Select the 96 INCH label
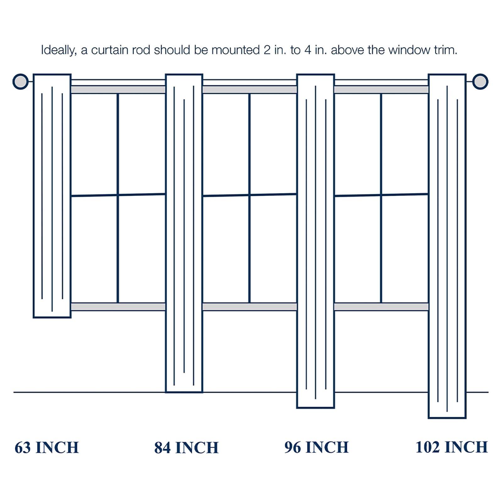(x=317, y=447)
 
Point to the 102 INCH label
(x=452, y=447)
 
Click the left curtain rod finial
(x=20, y=81)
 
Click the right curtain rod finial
(x=480, y=81)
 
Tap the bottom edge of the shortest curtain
(x=52, y=318)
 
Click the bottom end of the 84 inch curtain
(x=184, y=392)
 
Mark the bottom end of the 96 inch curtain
(x=316, y=408)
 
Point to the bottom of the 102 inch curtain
(x=447, y=418)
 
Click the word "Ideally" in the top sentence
(x=59, y=50)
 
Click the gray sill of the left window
(x=118, y=307)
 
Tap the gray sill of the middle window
(x=250, y=307)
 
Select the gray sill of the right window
(x=381, y=307)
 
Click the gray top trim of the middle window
(x=250, y=90)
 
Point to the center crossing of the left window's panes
(x=118, y=195)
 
